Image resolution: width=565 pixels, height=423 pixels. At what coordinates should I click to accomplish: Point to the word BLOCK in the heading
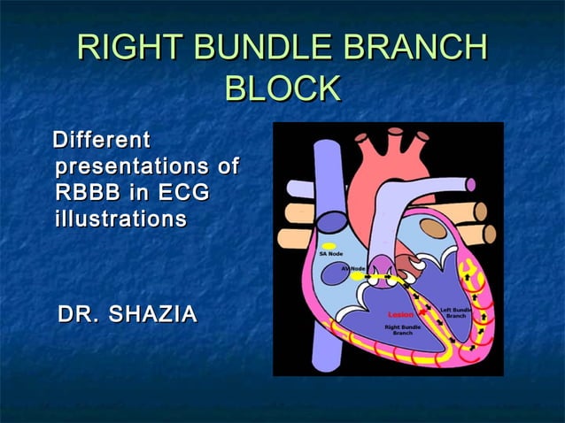[x=282, y=89]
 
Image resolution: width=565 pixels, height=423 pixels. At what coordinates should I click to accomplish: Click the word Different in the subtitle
[x=101, y=140]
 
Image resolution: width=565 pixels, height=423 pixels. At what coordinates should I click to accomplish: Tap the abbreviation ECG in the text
[x=184, y=191]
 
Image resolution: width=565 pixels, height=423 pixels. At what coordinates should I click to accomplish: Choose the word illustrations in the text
[x=120, y=217]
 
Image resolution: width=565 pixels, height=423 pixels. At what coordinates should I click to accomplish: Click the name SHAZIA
[x=153, y=314]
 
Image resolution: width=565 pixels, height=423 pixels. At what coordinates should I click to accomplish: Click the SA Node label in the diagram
[x=331, y=254]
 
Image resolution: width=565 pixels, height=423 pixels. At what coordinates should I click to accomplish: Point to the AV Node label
[x=353, y=267]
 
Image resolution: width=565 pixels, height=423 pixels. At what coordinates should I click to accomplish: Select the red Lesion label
[x=400, y=314]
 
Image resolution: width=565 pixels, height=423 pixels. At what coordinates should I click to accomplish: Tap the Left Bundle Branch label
[x=456, y=312]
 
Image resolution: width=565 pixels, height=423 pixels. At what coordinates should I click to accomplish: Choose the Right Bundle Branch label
[x=402, y=330]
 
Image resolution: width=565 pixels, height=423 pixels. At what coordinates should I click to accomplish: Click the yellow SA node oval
[x=329, y=245]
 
